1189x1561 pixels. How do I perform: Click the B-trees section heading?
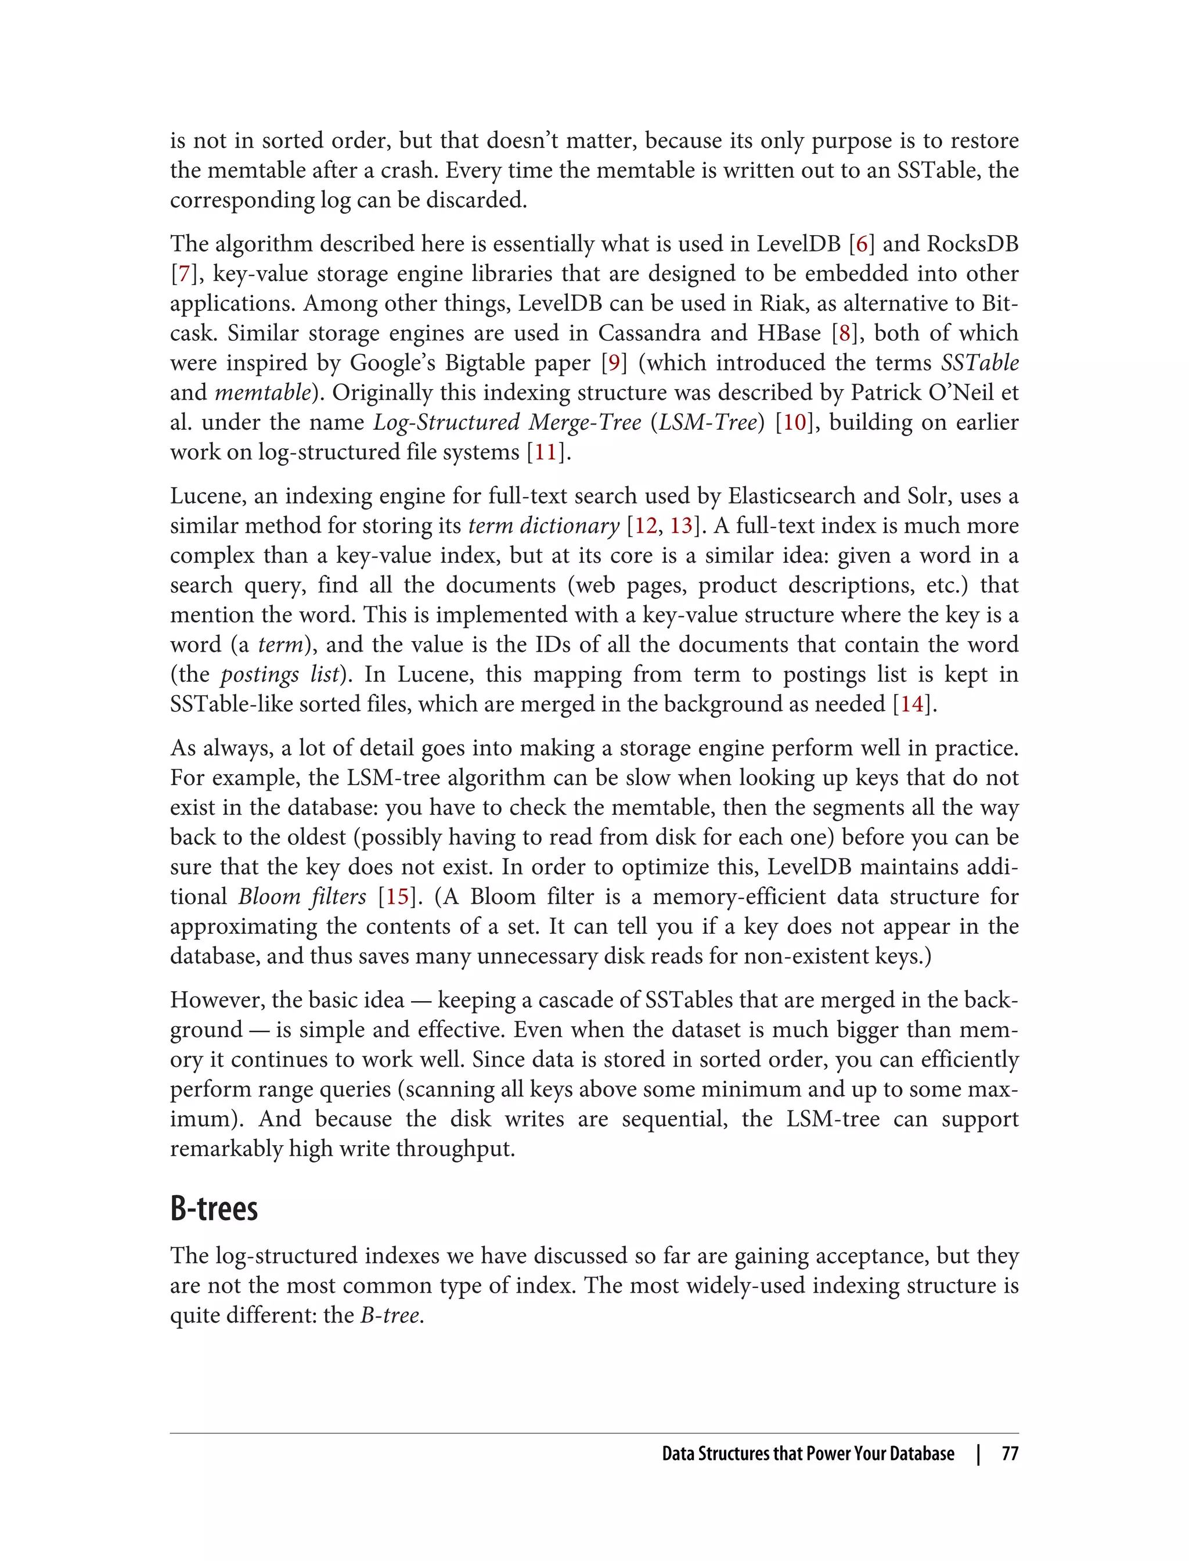[214, 1209]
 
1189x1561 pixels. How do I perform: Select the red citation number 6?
[862, 244]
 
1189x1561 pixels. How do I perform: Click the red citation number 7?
[184, 274]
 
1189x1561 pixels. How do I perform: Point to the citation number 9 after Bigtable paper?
[614, 363]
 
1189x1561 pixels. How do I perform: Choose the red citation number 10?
[794, 423]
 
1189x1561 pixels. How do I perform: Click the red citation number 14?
[911, 704]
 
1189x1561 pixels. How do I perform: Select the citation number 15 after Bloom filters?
[397, 897]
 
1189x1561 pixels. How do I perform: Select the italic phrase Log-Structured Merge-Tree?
[507, 423]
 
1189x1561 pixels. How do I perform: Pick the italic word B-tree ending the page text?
[391, 1315]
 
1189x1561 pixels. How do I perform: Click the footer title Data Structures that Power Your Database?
[808, 1454]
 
